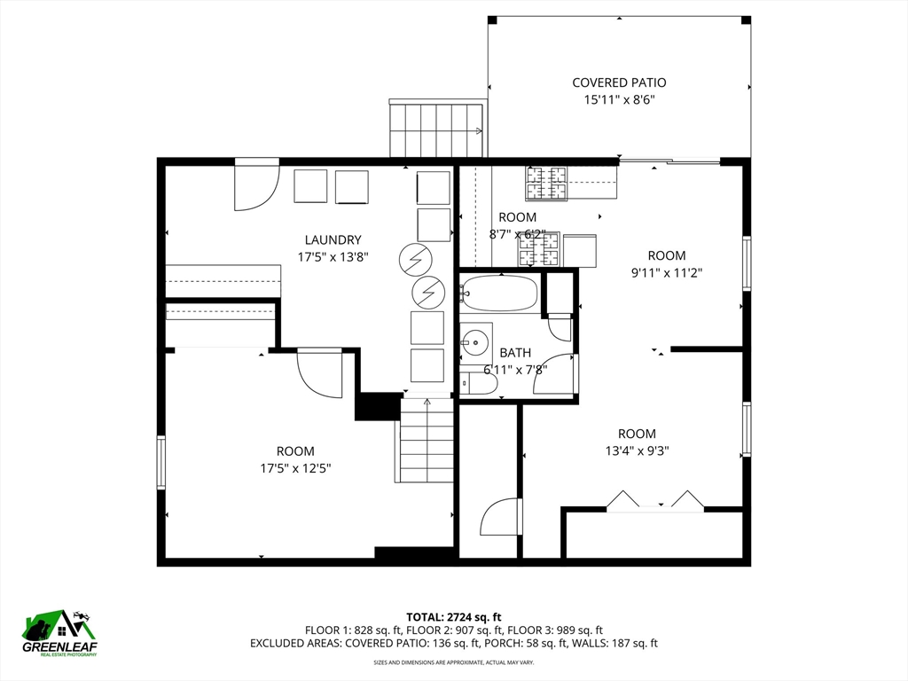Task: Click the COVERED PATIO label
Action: (x=619, y=82)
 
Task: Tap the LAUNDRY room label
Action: (x=333, y=239)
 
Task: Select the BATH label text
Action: (x=515, y=353)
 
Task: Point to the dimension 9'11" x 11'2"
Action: (x=667, y=274)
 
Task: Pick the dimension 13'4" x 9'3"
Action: (x=637, y=450)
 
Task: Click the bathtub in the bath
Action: (x=500, y=294)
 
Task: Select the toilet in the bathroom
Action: (x=480, y=383)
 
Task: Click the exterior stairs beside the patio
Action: (x=436, y=129)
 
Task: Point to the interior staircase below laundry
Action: (x=427, y=441)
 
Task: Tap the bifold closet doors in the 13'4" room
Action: (x=655, y=500)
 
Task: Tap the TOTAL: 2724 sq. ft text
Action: (x=454, y=616)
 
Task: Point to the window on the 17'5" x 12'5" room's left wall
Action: (x=161, y=461)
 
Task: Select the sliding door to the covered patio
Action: (x=669, y=161)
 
